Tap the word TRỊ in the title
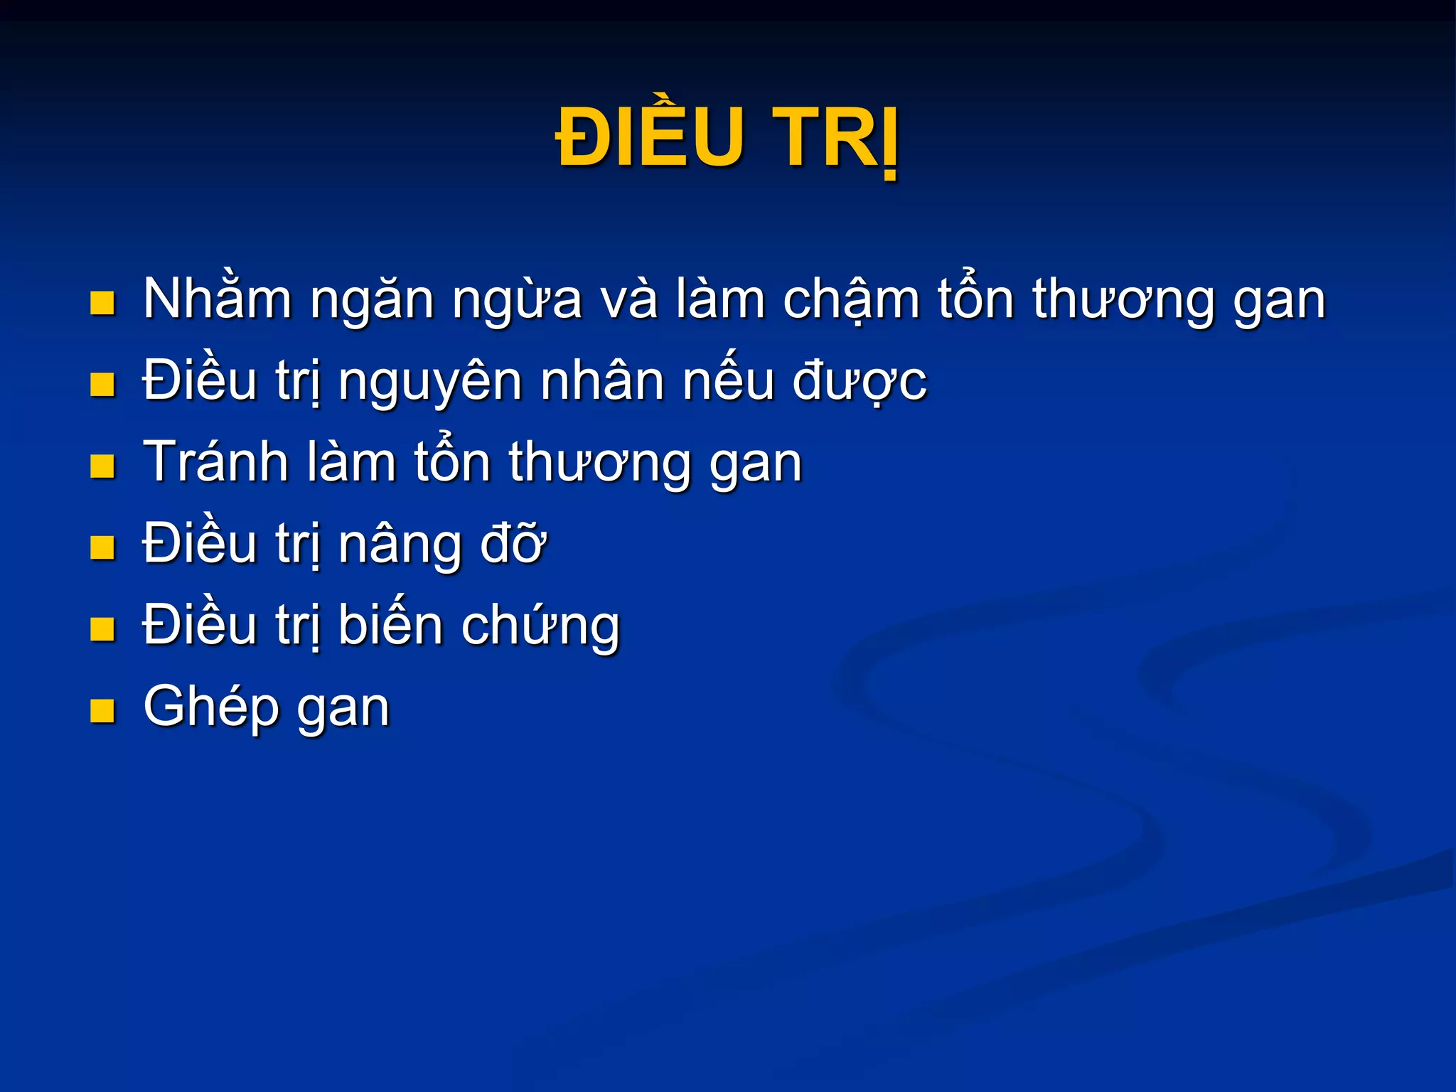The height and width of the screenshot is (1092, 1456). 836,138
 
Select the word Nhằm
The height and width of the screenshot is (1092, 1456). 218,299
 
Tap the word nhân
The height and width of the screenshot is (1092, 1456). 604,381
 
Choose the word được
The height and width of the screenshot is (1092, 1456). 860,382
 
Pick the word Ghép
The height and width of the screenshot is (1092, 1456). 211,708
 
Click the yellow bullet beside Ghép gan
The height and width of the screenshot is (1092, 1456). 103,710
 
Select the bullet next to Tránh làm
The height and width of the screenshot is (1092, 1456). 103,466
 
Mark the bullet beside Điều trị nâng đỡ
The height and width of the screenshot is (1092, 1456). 103,547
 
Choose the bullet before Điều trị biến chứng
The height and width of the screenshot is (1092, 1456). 103,629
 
